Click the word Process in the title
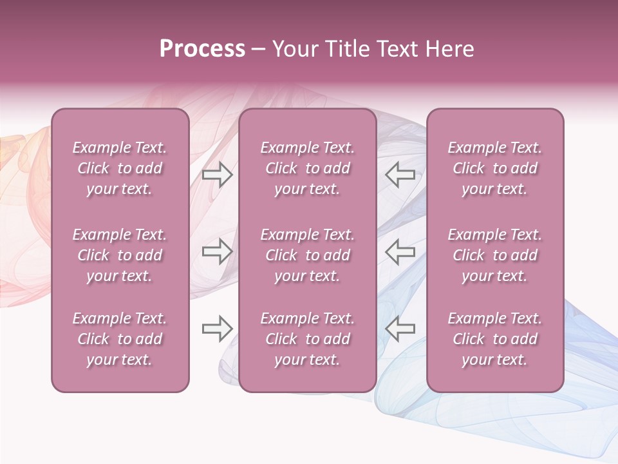(202, 49)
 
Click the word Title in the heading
(347, 49)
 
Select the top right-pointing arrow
(217, 174)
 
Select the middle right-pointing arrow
(217, 251)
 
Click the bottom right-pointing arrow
(217, 329)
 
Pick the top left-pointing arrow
(400, 174)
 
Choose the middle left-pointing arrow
(400, 251)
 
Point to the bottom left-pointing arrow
(400, 329)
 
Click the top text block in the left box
(120, 168)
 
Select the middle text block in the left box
(120, 255)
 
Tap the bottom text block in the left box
(120, 339)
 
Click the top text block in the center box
(307, 168)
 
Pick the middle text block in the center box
(307, 255)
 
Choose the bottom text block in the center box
(307, 339)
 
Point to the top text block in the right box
(495, 168)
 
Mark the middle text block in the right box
(495, 255)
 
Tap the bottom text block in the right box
(495, 339)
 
